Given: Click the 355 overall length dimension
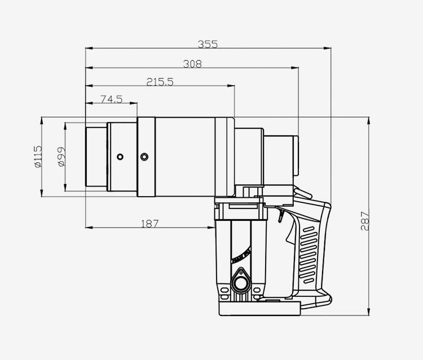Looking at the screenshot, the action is [x=208, y=44].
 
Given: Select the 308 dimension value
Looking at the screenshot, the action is [x=192, y=64].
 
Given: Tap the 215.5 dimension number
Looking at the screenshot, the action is [x=160, y=82].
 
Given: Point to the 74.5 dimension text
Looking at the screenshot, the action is [x=112, y=99].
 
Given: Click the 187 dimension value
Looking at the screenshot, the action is [x=150, y=224].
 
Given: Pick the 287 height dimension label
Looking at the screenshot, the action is [x=364, y=221].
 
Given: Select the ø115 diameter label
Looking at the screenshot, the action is [x=38, y=157].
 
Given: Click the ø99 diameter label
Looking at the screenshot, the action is [x=61, y=157].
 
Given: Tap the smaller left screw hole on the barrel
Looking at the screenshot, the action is [x=120, y=157].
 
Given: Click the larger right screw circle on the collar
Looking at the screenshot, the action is [x=144, y=157].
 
